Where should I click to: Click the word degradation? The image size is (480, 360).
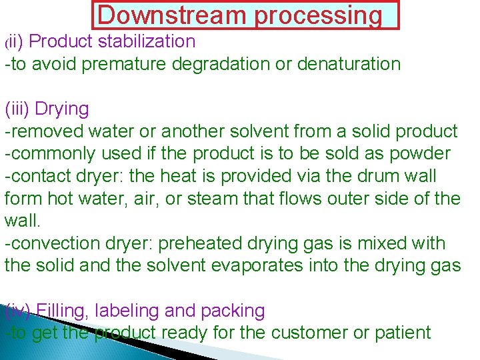(x=246, y=64)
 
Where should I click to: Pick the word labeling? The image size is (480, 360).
(x=133, y=311)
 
